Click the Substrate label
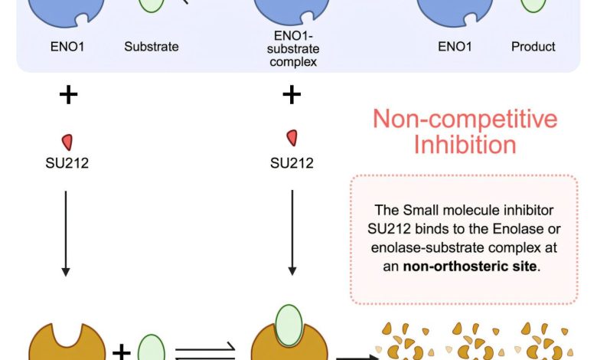click(152, 47)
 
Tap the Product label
click(533, 47)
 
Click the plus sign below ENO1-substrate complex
click(292, 95)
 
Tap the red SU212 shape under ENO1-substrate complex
click(292, 138)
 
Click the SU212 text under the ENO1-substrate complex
click(292, 163)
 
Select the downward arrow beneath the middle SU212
click(292, 230)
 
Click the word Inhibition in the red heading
click(465, 145)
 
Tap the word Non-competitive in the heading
click(465, 119)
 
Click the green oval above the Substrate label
click(152, 4)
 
